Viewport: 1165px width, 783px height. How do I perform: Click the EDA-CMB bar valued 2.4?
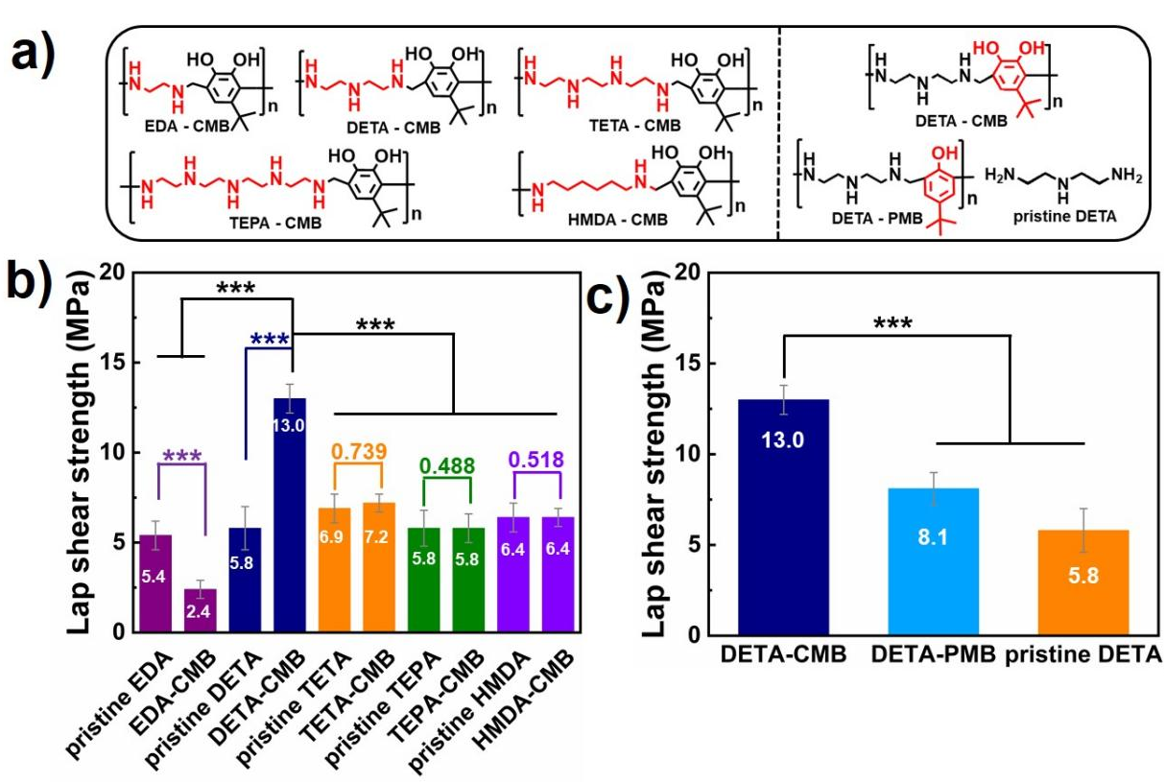202,609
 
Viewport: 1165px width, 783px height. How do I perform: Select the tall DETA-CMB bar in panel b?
291,518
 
